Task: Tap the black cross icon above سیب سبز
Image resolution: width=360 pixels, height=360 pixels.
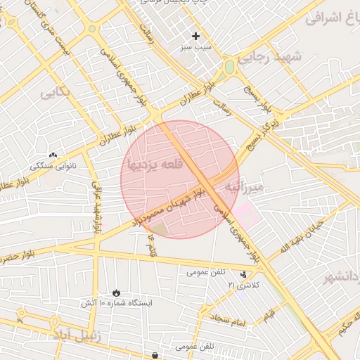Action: (x=195, y=36)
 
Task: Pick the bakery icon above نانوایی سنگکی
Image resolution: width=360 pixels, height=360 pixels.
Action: (x=53, y=155)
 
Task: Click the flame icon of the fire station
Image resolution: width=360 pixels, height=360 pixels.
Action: (x=115, y=292)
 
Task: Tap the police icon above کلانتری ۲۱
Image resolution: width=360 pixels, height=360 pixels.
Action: (x=243, y=274)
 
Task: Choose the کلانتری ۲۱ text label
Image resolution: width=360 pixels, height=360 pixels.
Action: (x=243, y=285)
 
